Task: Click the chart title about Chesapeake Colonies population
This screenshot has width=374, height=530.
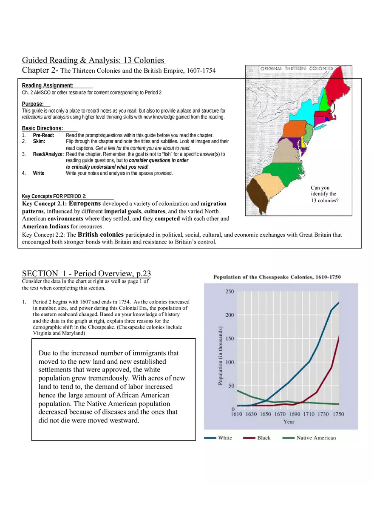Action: (x=277, y=277)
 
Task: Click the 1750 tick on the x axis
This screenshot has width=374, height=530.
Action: (x=338, y=414)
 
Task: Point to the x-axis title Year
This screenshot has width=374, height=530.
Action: (x=289, y=422)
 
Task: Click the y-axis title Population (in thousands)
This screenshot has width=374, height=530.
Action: (x=221, y=356)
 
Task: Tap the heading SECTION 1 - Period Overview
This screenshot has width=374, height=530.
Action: (x=86, y=274)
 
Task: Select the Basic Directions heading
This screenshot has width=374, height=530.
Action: (x=42, y=128)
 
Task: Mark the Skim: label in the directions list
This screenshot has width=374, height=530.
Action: (x=39, y=141)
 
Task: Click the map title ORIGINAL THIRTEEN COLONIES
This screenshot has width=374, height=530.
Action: (x=297, y=68)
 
